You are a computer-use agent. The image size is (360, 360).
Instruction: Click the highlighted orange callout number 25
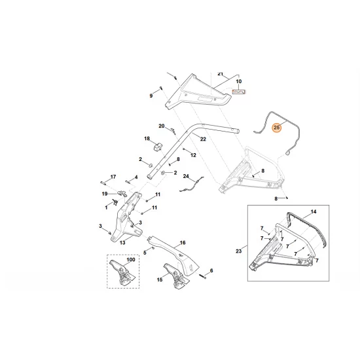click(277, 128)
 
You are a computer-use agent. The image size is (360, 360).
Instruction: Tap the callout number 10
click(239, 82)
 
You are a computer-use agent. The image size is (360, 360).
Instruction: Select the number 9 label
click(151, 96)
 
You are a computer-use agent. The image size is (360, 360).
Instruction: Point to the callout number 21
click(221, 73)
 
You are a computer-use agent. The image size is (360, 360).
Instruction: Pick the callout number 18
click(147, 139)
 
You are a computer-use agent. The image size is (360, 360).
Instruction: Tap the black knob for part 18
click(157, 148)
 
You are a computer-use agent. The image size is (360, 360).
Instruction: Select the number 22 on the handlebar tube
click(203, 139)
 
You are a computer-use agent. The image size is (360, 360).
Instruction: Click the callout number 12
click(193, 154)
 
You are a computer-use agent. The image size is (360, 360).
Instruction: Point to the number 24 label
click(185, 177)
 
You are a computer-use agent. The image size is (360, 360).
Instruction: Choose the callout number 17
click(113, 177)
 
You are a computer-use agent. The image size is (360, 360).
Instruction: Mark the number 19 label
click(104, 194)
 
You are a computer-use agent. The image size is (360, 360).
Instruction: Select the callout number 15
click(160, 279)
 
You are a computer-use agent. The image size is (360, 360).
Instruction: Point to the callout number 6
click(211, 270)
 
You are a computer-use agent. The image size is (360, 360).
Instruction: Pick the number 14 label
click(313, 213)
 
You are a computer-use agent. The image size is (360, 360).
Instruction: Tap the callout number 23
click(239, 250)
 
